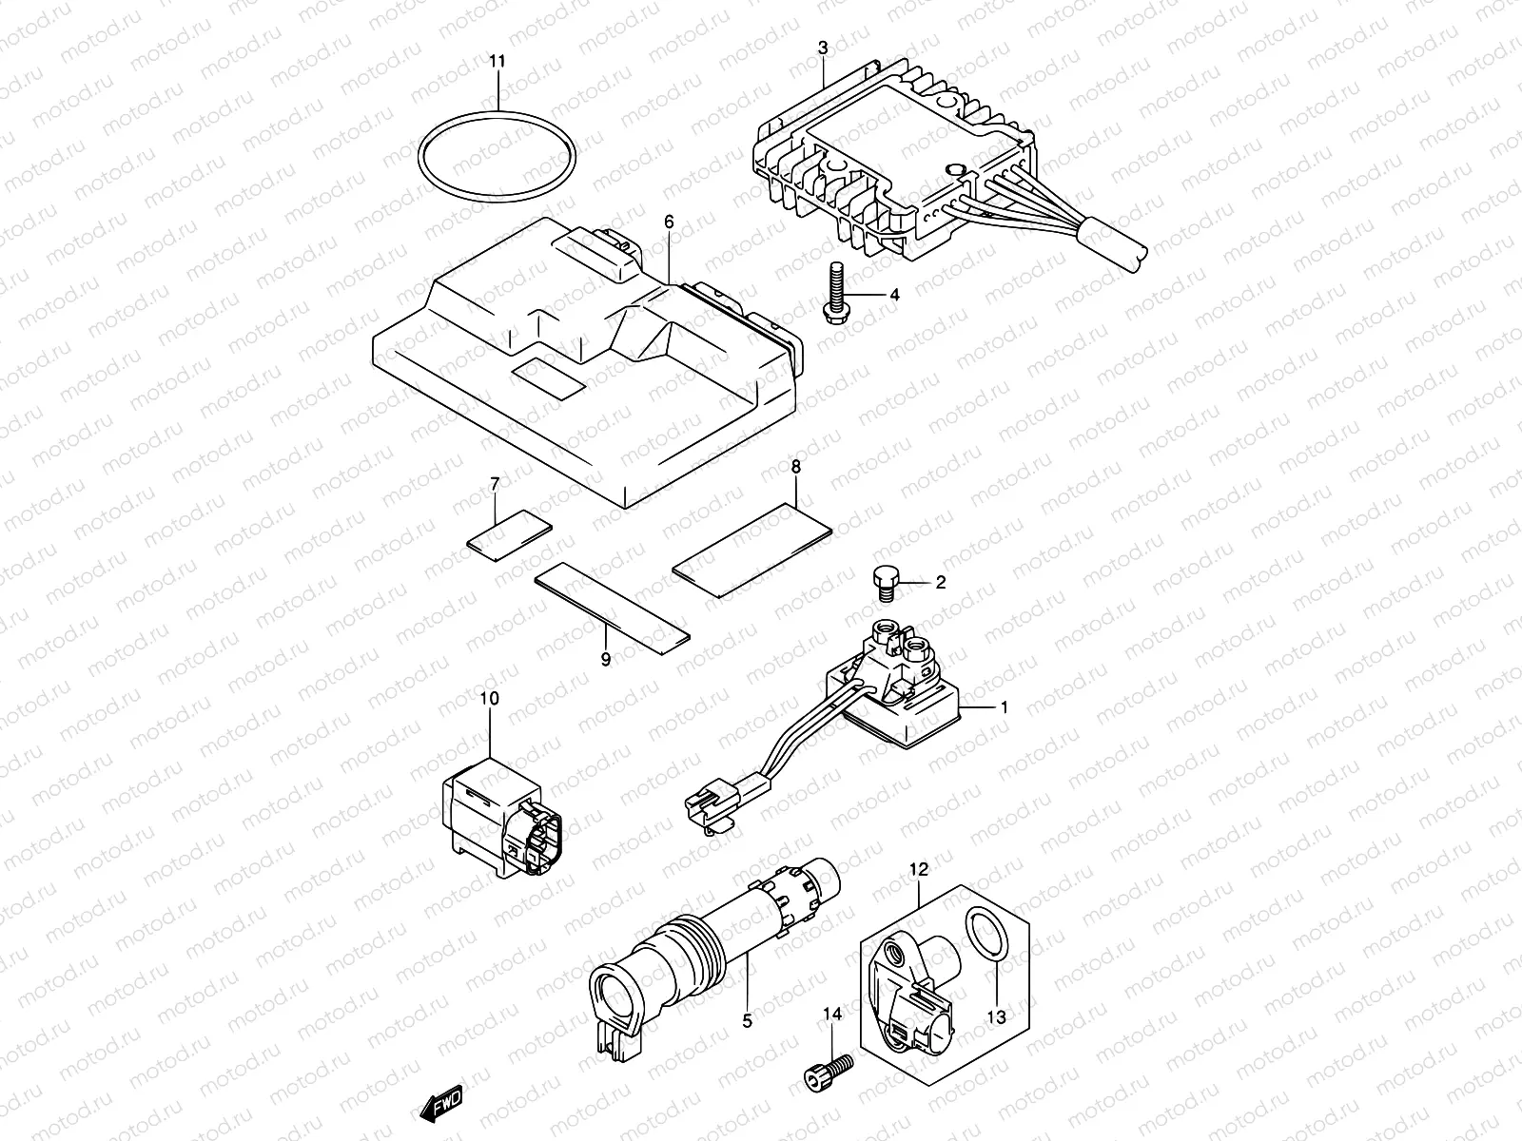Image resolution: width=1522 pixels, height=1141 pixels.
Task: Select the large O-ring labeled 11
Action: [x=423, y=157]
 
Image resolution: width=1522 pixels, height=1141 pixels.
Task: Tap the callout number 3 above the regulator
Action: [x=823, y=47]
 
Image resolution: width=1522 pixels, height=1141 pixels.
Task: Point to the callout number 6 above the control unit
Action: [x=669, y=221]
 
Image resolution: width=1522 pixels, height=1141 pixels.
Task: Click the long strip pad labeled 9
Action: [x=613, y=607]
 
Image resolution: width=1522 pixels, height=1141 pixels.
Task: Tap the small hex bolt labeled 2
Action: [x=884, y=580]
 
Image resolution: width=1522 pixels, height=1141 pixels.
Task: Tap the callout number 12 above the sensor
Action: [x=918, y=869]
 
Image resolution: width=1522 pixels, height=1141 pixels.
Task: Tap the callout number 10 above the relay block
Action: [x=489, y=699]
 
